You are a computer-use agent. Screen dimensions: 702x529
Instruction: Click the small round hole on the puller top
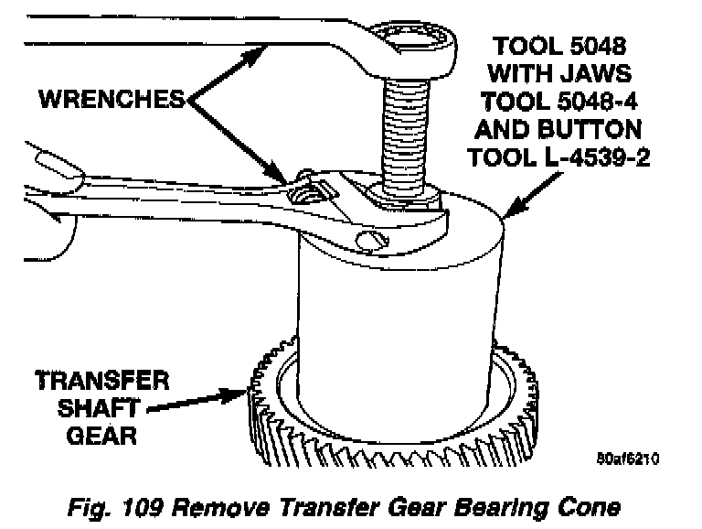[368, 240]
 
